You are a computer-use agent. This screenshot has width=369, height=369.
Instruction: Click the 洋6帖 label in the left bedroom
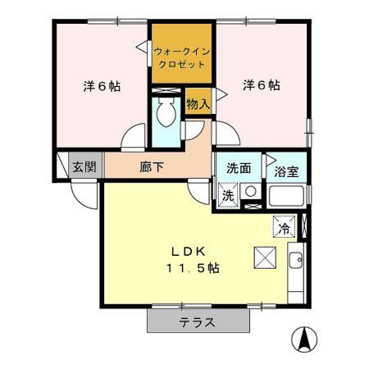102,86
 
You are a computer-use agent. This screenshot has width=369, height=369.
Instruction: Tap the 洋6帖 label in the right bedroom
262,85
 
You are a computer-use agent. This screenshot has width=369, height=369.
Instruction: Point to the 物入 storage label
198,103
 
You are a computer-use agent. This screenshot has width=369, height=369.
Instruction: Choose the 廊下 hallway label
151,166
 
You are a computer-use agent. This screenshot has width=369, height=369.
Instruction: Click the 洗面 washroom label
239,166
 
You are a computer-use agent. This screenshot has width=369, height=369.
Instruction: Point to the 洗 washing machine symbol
229,195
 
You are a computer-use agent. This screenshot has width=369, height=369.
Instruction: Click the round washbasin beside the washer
250,194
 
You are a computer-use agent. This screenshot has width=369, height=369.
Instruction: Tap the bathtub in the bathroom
287,198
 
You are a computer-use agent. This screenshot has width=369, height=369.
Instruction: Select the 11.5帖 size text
194,268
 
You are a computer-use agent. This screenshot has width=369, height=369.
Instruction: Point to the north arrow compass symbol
304,338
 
